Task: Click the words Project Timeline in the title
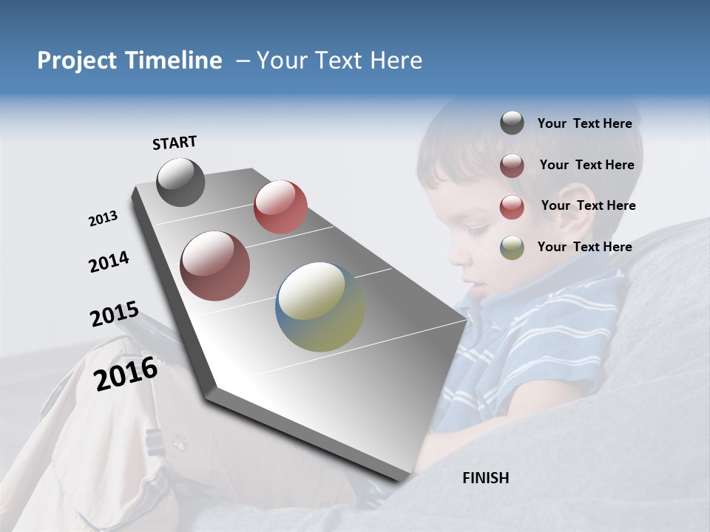pos(129,61)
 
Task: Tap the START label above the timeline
pos(175,143)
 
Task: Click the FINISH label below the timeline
pos(486,478)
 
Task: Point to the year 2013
pos(103,219)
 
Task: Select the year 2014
pos(109,262)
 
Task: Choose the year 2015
pos(115,314)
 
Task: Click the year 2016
pos(126,374)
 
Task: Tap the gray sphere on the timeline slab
pos(180,182)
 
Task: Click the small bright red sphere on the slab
pos(280,207)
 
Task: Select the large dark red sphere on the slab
pos(215,266)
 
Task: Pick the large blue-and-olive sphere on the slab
pos(320,307)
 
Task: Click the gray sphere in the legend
pos(512,123)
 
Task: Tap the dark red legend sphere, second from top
pos(512,166)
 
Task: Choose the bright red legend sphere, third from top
pos(512,207)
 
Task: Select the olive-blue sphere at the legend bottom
pos(512,248)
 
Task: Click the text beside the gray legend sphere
pos(584,123)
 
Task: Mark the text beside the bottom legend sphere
pos(584,247)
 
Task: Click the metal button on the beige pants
pos(179,442)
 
